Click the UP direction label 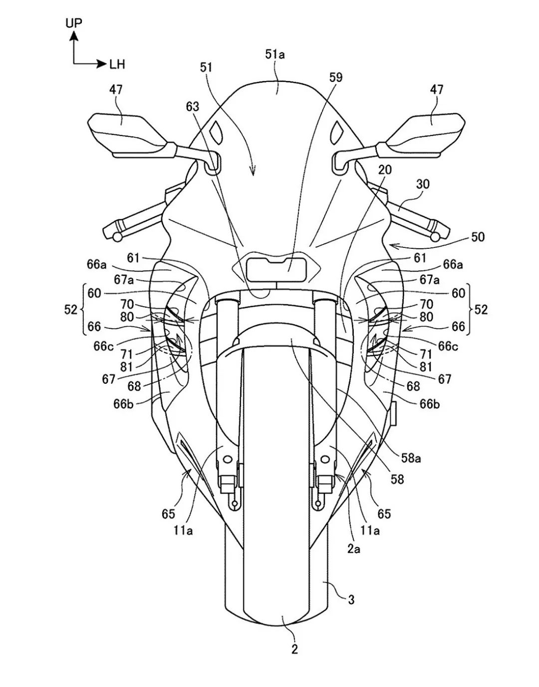tap(73, 22)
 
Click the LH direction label tap(117, 64)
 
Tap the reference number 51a tap(275, 54)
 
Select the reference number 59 tap(336, 77)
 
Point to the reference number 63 tap(192, 106)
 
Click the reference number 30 tap(422, 184)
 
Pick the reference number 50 tap(478, 236)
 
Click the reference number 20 tap(384, 170)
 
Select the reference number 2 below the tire tap(294, 649)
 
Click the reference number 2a tap(354, 549)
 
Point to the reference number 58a tap(411, 457)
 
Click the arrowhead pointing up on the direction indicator tap(74, 35)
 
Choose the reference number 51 tap(206, 66)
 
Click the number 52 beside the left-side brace tap(71, 310)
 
